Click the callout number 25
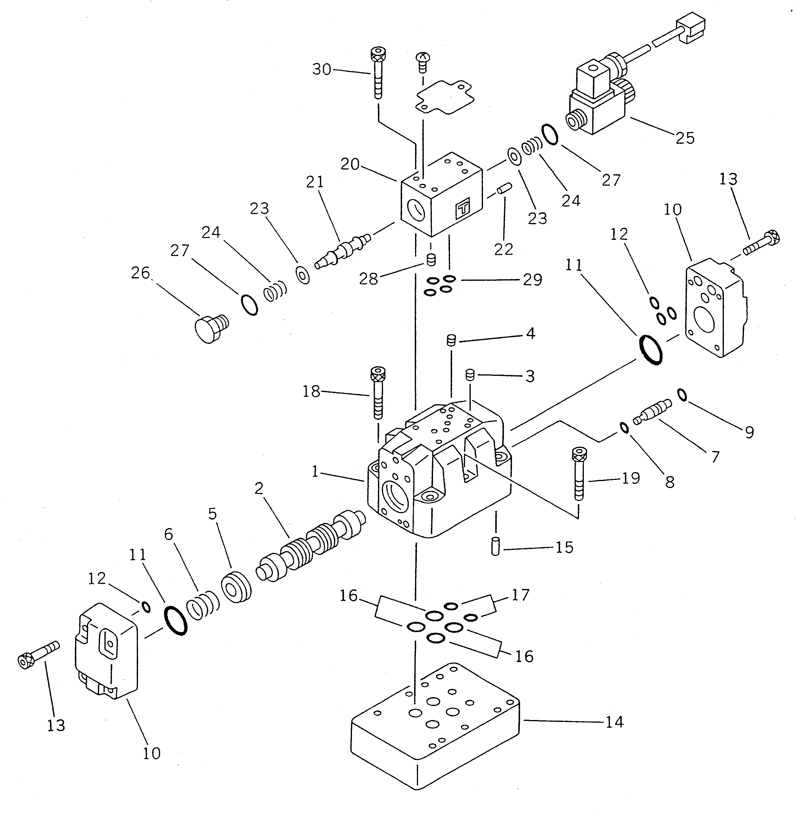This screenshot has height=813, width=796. tap(685, 138)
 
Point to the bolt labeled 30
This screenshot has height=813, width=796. tap(378, 74)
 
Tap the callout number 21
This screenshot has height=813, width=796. tap(315, 182)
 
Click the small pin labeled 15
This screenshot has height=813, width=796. tap(496, 547)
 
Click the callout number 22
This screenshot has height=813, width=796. tap(503, 249)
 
